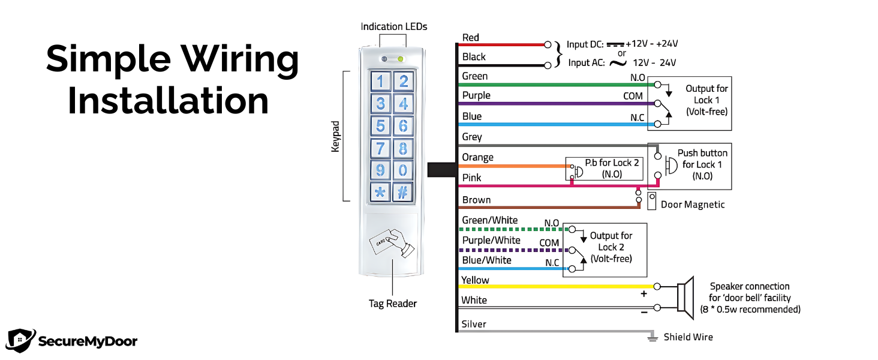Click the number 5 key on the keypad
pyautogui.click(x=380, y=126)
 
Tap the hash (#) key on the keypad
pyautogui.click(x=404, y=192)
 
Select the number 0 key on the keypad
pyautogui.click(x=404, y=170)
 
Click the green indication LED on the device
pyautogui.click(x=401, y=59)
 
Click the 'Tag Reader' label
pyautogui.click(x=393, y=304)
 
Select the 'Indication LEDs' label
pyautogui.click(x=394, y=26)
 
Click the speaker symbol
pyautogui.click(x=684, y=297)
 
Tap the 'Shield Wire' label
pyautogui.click(x=688, y=337)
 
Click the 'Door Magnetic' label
pyautogui.click(x=693, y=205)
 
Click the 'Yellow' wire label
pyautogui.click(x=475, y=280)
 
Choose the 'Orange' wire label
pyautogui.click(x=477, y=157)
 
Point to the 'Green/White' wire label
pyautogui.click(x=489, y=220)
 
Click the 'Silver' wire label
pyautogui.click(x=474, y=324)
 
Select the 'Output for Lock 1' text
pyautogui.click(x=706, y=100)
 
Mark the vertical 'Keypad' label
pyautogui.click(x=336, y=137)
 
